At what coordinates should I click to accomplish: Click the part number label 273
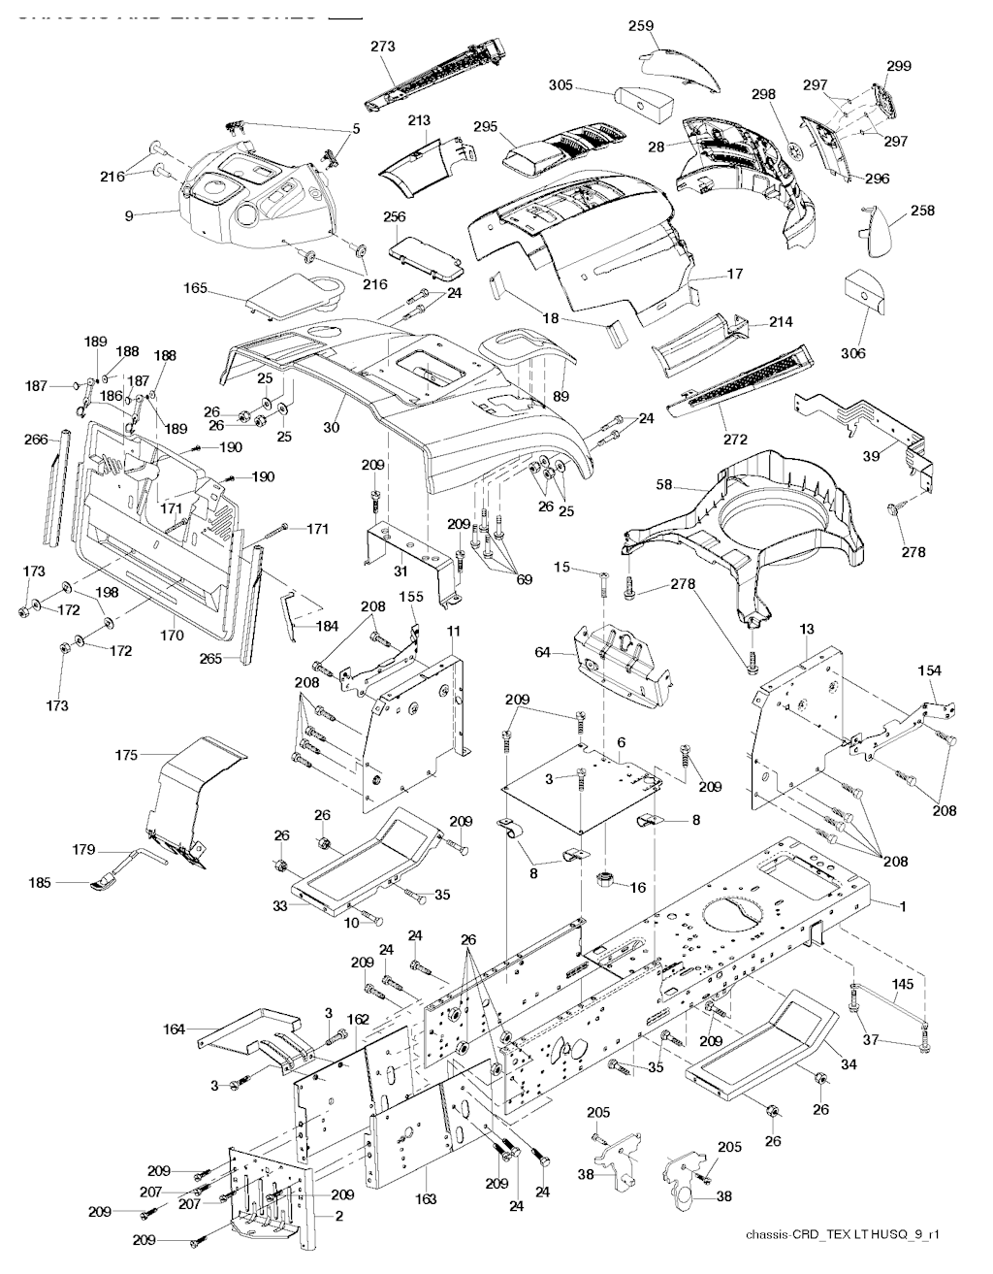pyautogui.click(x=383, y=45)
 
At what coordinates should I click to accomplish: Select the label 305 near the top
pyautogui.click(x=561, y=85)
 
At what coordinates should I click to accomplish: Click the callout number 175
pyautogui.click(x=126, y=754)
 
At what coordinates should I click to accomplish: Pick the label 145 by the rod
pyautogui.click(x=902, y=984)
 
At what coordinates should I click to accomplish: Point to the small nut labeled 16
pyautogui.click(x=607, y=881)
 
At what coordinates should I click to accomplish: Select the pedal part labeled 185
pyautogui.click(x=102, y=884)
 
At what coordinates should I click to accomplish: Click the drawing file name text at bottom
pyautogui.click(x=844, y=1234)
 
